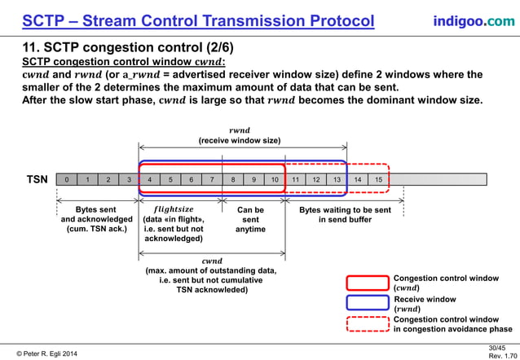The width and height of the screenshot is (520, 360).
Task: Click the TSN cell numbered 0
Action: pos(67,179)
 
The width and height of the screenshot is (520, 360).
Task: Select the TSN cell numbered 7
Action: pos(212,179)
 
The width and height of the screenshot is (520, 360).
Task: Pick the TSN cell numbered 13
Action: pos(337,179)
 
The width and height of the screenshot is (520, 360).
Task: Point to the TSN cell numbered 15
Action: pos(379,179)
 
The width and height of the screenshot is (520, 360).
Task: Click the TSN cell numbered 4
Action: pos(149,179)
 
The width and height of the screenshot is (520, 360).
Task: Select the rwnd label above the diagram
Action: pos(240,130)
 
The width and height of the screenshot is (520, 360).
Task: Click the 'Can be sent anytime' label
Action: pos(251,219)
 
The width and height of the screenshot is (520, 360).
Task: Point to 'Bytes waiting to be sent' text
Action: pos(345,210)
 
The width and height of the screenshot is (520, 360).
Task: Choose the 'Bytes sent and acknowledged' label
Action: pos(97,219)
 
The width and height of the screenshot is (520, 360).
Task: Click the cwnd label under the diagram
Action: pos(211,261)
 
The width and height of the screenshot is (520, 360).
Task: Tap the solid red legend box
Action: pos(367,283)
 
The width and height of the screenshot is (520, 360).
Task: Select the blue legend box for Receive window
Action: pos(367,303)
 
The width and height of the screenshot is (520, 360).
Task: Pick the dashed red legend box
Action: pos(367,324)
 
